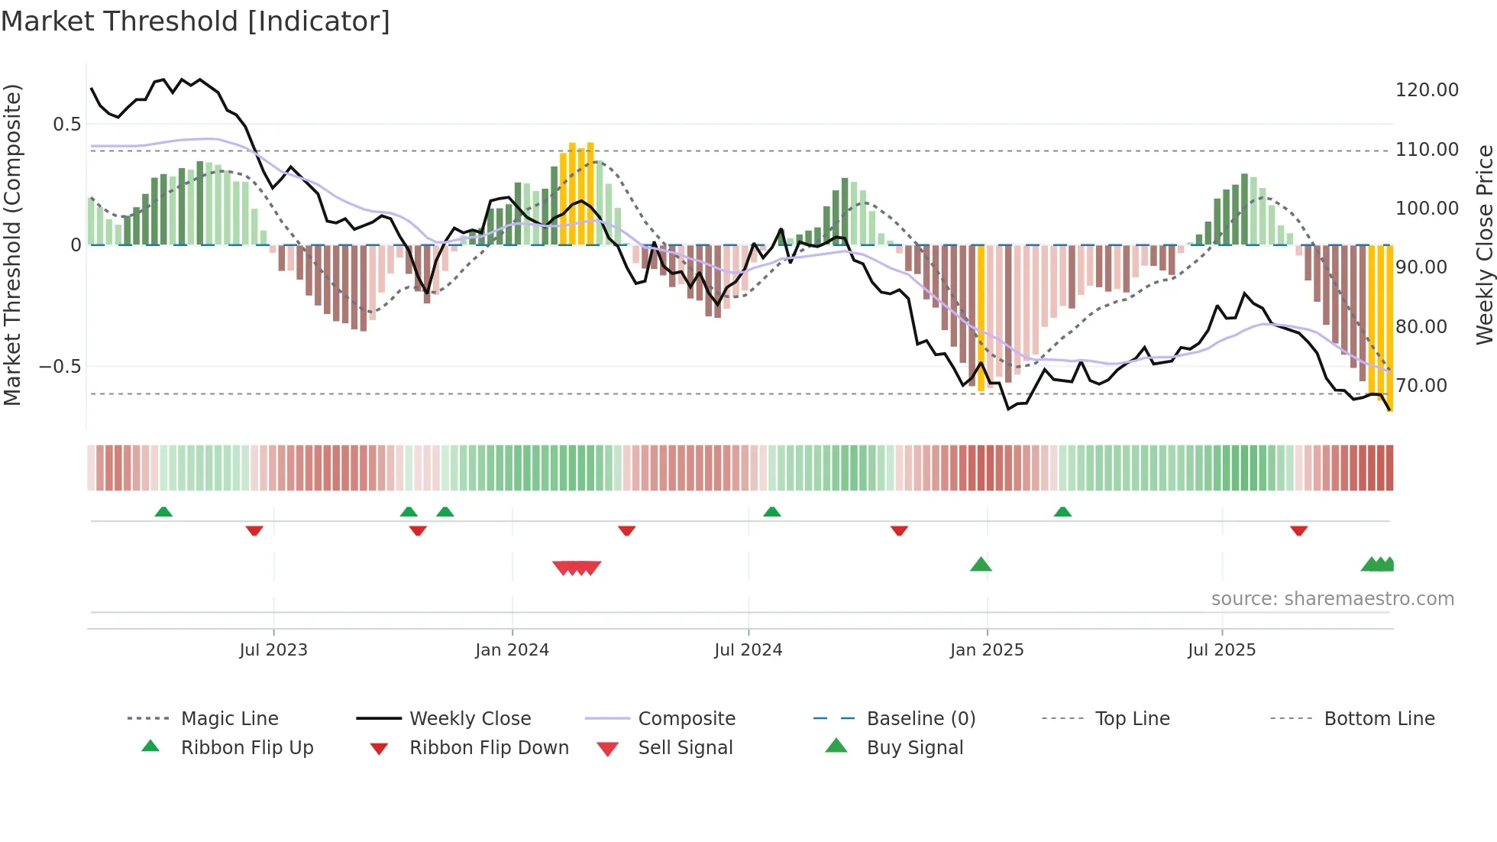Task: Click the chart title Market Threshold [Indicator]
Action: [x=196, y=21]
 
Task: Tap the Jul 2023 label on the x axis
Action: [x=273, y=650]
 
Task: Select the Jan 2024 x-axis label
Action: [x=512, y=650]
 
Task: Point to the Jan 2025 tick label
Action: [x=987, y=650]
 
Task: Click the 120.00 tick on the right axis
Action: [x=1427, y=90]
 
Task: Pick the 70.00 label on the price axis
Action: [x=1421, y=386]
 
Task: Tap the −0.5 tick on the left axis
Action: [x=60, y=367]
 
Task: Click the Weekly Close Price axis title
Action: [x=1484, y=245]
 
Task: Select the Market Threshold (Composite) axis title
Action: [x=12, y=245]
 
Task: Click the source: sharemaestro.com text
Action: [x=1332, y=599]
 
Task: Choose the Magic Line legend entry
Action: [x=229, y=719]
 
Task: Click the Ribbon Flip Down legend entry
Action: [x=489, y=748]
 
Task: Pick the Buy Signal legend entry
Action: [x=914, y=748]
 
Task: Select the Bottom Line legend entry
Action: [x=1379, y=719]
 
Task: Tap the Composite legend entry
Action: [x=686, y=719]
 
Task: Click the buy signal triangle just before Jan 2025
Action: [x=981, y=565]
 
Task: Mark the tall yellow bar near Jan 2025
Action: [x=981, y=317]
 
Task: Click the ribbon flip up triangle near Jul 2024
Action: [x=772, y=512]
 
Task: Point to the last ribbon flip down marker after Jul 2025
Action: [x=1299, y=530]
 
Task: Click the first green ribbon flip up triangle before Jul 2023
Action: [x=163, y=512]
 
